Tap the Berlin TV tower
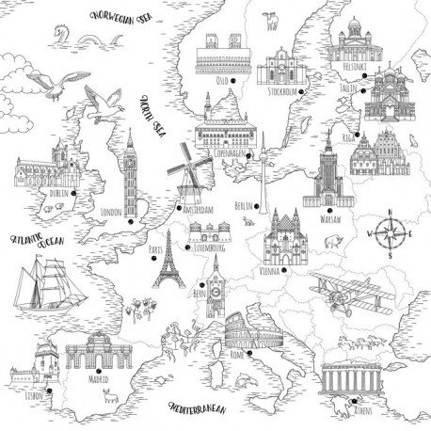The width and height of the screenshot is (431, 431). point(263,169)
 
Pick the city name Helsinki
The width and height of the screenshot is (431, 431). point(356,66)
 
